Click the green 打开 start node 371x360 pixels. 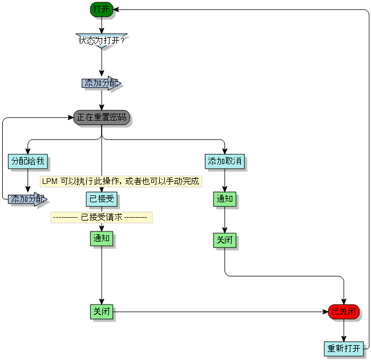click(102, 9)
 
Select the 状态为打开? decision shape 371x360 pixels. click(102, 41)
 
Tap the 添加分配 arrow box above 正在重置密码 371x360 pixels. click(101, 83)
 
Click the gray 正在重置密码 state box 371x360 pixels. click(102, 117)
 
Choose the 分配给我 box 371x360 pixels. click(27, 161)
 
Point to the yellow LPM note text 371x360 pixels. click(121, 181)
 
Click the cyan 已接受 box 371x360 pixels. click(102, 199)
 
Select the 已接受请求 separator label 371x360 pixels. click(102, 217)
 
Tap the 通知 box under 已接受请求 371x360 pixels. click(102, 238)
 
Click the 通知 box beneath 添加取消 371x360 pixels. click(224, 199)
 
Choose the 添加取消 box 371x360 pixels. click(224, 161)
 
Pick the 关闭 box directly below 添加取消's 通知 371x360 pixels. click(224, 240)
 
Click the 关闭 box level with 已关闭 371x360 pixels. click(102, 311)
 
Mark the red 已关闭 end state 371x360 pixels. click(344, 311)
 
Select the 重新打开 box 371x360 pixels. click(344, 348)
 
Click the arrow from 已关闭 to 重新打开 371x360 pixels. click(344, 330)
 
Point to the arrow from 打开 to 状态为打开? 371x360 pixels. click(102, 25)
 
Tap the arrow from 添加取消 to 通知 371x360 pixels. click(224, 180)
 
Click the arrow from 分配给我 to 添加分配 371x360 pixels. click(27, 180)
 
